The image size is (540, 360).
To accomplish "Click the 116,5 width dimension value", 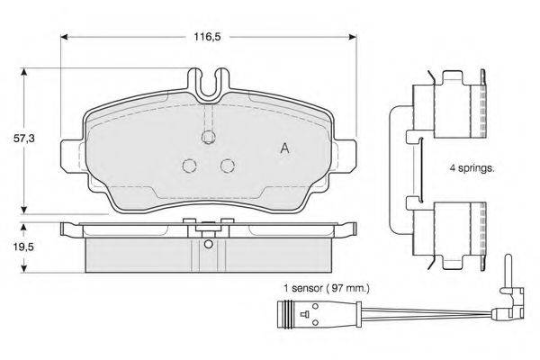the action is (x=207, y=37).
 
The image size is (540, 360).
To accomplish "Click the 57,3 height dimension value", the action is (x=23, y=139).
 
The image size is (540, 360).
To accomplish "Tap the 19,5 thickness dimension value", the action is (x=23, y=247).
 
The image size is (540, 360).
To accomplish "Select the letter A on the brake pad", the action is (x=284, y=148).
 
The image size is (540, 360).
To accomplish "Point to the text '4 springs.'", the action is (x=472, y=169).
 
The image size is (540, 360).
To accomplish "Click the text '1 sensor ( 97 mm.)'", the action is (x=326, y=288).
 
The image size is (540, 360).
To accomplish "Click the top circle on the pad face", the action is (x=208, y=137).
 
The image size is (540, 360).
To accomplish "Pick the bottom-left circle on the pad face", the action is (x=189, y=166).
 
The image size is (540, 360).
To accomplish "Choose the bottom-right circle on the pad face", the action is (x=228, y=166).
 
